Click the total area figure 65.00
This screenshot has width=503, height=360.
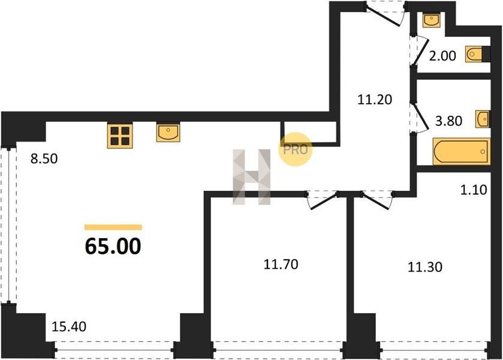(113, 247)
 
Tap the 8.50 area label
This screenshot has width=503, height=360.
(44, 158)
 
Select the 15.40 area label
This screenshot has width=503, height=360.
(69, 326)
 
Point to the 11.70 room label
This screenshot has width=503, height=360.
(281, 264)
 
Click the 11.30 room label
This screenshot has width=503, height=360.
(424, 267)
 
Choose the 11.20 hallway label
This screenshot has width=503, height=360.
(375, 100)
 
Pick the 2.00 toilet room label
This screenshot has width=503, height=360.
(442, 56)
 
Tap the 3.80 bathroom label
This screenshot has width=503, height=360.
(448, 121)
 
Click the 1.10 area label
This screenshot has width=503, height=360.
(474, 190)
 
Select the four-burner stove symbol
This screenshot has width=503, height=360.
(120, 136)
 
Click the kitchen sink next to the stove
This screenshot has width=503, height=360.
(168, 132)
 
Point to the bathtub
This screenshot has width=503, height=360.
(461, 152)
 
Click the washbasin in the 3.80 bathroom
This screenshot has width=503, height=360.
(483, 119)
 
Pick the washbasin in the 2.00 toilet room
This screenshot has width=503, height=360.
(431, 20)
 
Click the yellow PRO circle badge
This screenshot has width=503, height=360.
(295, 149)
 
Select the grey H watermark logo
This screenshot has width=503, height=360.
(252, 177)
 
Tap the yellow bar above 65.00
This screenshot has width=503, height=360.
(113, 227)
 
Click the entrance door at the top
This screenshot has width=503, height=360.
(386, 13)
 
